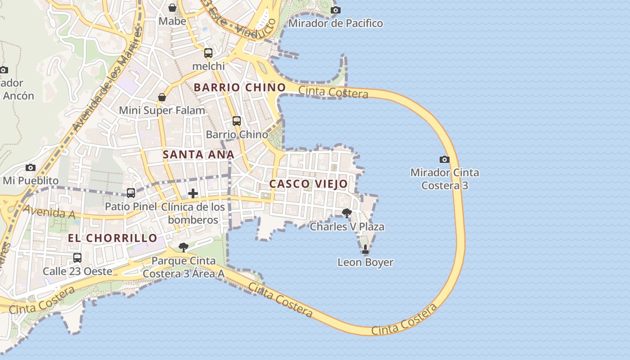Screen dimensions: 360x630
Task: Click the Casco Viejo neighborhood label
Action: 309,184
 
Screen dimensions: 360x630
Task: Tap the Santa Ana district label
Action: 198,154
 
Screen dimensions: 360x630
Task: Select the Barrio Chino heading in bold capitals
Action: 240,87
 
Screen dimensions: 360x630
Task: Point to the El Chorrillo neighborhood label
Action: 112,238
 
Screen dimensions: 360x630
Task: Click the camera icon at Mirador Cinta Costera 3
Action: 444,159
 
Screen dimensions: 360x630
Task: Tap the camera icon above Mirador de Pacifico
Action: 335,10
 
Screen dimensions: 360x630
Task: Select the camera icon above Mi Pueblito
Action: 31,167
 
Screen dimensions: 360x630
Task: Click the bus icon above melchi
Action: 208,53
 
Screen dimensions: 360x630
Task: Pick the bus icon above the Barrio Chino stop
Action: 237,121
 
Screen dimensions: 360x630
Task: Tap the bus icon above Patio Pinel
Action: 131,193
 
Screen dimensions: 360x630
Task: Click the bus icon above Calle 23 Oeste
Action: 77,257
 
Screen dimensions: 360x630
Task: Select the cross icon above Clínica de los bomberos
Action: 193,193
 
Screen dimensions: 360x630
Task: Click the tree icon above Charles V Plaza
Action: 346,213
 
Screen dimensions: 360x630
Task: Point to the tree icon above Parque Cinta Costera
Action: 183,247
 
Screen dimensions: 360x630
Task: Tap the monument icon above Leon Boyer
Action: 365,249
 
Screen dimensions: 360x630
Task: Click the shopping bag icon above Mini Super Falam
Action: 162,97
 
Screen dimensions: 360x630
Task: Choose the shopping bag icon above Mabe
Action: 172,8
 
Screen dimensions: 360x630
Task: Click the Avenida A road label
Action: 49,212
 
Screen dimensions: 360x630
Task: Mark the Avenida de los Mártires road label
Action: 108,79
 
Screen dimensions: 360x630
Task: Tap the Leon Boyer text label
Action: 365,262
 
